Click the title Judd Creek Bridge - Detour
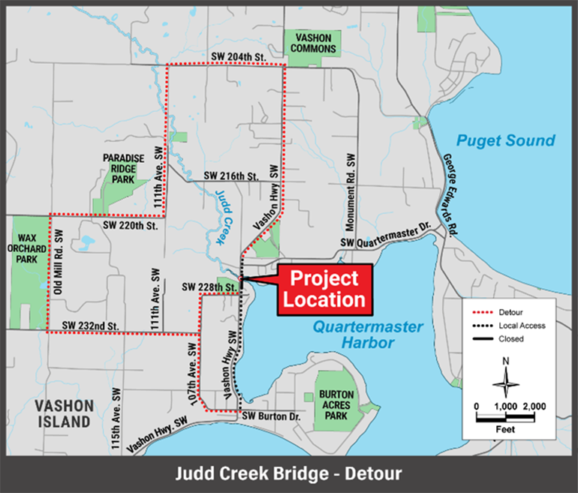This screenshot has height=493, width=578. (x=288, y=473)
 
